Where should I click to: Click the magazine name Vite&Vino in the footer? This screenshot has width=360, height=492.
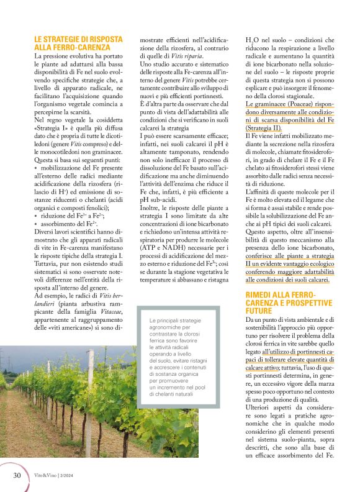[46, 476]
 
